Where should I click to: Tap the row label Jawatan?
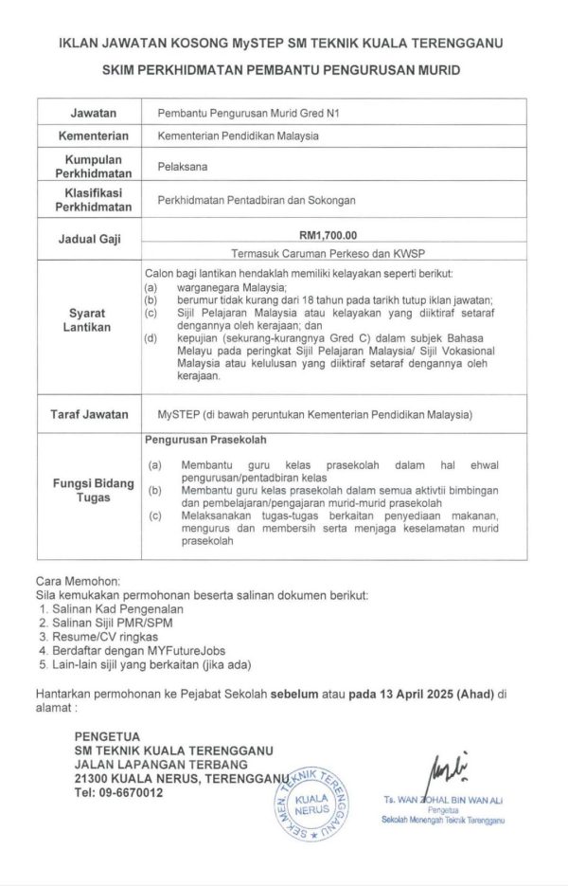[x=94, y=112]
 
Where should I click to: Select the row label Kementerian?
[x=94, y=135]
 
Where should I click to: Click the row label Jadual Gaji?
[x=94, y=239]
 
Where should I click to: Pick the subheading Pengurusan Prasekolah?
[x=205, y=441]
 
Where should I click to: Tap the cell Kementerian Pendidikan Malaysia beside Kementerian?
[x=238, y=135]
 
